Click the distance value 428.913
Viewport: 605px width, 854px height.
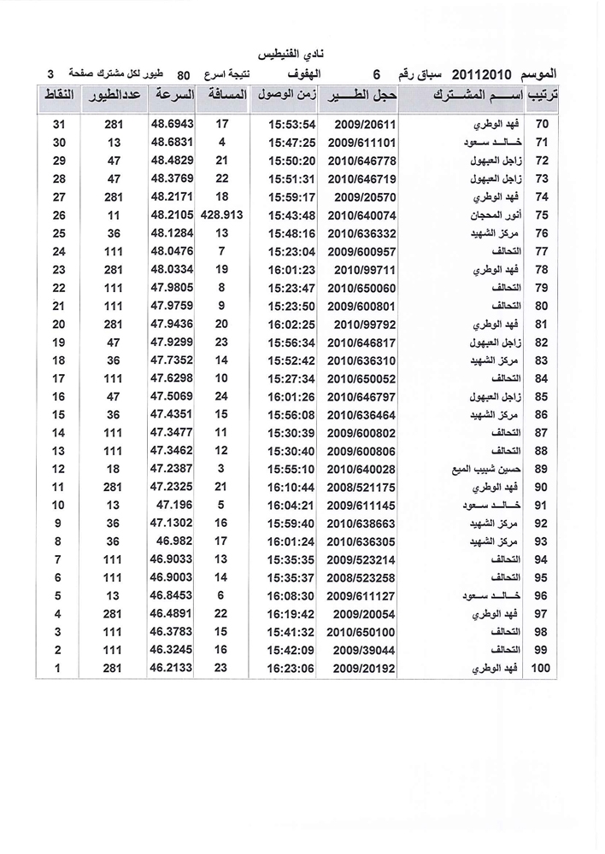tap(221, 216)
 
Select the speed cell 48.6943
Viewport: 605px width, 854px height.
tap(172, 125)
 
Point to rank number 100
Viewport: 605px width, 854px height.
tap(540, 670)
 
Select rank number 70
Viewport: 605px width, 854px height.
tap(540, 125)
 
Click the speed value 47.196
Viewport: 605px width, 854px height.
tap(172, 506)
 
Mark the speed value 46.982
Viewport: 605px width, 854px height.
tap(172, 542)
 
